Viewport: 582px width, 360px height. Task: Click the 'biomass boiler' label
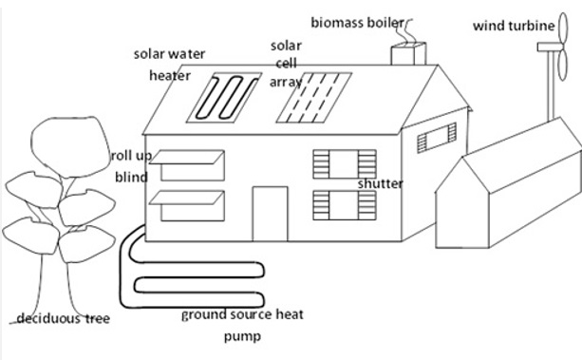358,22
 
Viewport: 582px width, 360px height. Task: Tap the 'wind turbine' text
513,26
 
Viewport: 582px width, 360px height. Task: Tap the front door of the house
270,214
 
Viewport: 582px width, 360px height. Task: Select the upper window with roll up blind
187,166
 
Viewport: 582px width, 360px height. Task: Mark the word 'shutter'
380,183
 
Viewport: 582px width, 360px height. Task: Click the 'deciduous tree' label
63,318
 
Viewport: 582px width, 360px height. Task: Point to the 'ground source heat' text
242,314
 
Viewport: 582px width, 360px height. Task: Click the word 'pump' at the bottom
242,336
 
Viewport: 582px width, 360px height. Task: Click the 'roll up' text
130,155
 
